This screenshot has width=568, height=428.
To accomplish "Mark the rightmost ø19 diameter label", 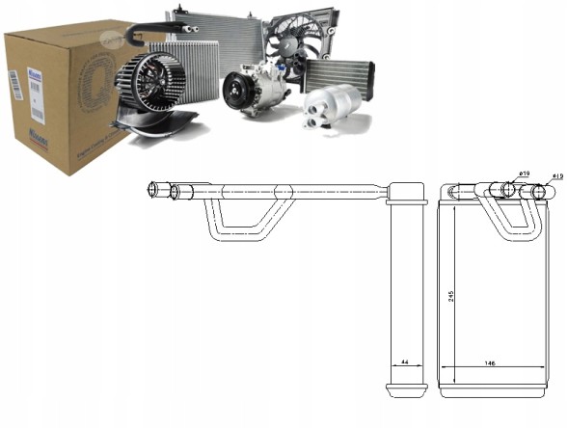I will [557, 176].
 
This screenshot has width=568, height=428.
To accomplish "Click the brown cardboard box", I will [58, 96].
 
